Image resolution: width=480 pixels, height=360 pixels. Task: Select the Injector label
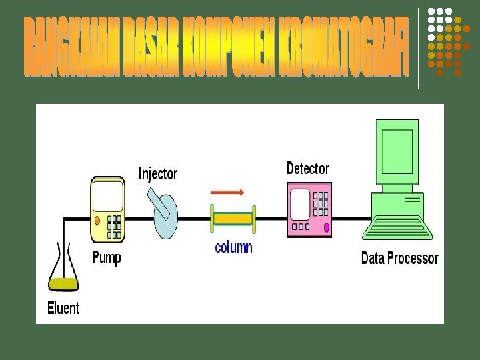click(158, 174)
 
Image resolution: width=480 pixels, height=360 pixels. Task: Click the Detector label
click(307, 168)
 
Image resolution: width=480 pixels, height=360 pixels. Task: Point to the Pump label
click(106, 258)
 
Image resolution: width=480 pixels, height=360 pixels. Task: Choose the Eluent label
click(63, 308)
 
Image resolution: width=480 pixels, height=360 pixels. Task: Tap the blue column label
click(233, 247)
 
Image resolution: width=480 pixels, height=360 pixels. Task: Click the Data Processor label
click(399, 258)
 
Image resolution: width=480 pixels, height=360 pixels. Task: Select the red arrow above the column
click(227, 193)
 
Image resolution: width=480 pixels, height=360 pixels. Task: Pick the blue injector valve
click(166, 217)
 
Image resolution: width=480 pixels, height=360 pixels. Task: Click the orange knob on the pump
click(98, 220)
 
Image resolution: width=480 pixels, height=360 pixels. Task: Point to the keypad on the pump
click(115, 226)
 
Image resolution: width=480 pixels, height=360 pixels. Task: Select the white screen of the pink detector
click(300, 203)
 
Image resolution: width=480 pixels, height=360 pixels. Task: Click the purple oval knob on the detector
click(327, 227)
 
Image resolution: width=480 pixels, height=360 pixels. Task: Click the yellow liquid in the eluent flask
click(64, 283)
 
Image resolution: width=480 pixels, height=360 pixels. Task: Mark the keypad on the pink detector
click(321, 203)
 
